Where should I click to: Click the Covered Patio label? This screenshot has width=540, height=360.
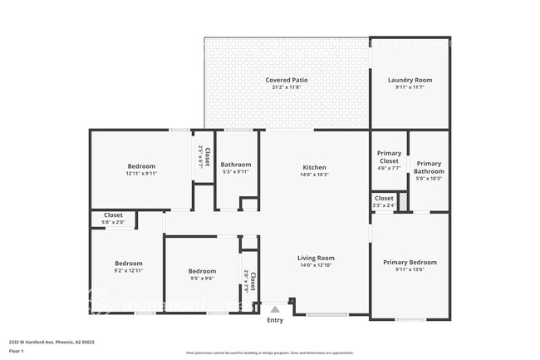pyautogui.click(x=287, y=80)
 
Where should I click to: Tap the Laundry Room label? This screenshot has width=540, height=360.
pyautogui.click(x=410, y=80)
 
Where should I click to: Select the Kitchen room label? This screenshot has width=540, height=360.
pyautogui.click(x=314, y=167)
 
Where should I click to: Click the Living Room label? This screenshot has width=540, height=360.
pyautogui.click(x=316, y=258)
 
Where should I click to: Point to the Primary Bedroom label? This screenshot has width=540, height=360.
pyautogui.click(x=410, y=262)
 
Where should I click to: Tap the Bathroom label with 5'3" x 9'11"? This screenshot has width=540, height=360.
pyautogui.click(x=236, y=165)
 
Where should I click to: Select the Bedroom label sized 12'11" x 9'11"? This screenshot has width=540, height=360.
pyautogui.click(x=141, y=166)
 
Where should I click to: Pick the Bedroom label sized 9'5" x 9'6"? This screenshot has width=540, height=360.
pyautogui.click(x=202, y=271)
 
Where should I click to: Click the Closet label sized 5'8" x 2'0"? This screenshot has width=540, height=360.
pyautogui.click(x=114, y=215)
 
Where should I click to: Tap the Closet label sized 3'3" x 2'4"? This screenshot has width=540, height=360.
pyautogui.click(x=384, y=198)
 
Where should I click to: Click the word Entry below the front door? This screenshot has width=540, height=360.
pyautogui.click(x=275, y=320)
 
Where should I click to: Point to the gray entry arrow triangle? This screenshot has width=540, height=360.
pyautogui.click(x=275, y=308)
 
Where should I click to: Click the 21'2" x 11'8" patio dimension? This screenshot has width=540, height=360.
pyautogui.click(x=287, y=87)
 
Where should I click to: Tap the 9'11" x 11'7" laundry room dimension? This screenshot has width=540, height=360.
pyautogui.click(x=410, y=87)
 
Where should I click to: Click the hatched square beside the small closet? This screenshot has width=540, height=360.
pyautogui.click(x=403, y=201)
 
